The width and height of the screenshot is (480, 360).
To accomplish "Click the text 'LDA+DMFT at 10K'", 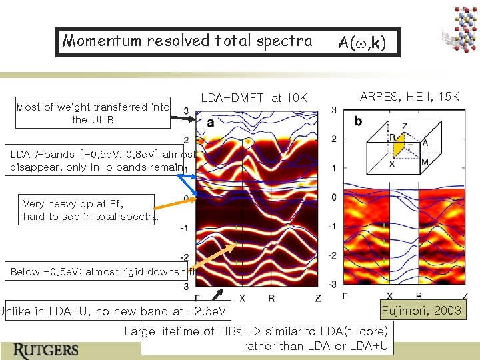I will pos(253,99).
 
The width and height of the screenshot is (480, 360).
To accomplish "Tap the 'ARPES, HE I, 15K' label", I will pos(409,97).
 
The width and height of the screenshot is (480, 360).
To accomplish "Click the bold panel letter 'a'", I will pos(211,123).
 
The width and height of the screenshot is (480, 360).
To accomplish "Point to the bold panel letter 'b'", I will pos(358,122).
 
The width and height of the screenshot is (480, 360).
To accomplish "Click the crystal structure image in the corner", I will pos(459,28).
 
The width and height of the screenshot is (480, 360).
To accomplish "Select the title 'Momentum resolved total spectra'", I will pos(187,41).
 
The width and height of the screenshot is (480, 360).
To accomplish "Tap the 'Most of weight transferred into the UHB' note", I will pos(93,113).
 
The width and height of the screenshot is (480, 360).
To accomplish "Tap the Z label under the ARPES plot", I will pos(465,296).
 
